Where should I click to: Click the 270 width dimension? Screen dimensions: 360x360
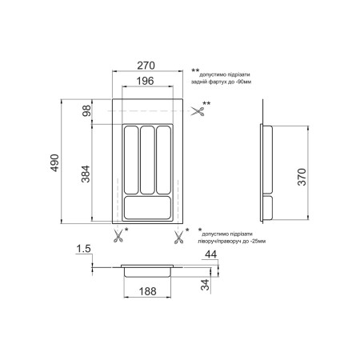[146, 66]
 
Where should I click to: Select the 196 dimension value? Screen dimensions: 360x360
[146, 81]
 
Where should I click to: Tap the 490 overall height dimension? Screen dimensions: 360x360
[54, 162]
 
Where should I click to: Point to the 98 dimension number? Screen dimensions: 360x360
[86, 110]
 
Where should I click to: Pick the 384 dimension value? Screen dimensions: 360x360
[86, 174]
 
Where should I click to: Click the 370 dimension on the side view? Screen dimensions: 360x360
[302, 177]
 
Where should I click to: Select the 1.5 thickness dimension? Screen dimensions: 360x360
[83, 249]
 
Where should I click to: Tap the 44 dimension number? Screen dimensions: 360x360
[210, 254]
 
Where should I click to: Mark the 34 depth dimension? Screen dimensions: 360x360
[205, 285]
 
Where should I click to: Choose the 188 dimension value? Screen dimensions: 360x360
[147, 291]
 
